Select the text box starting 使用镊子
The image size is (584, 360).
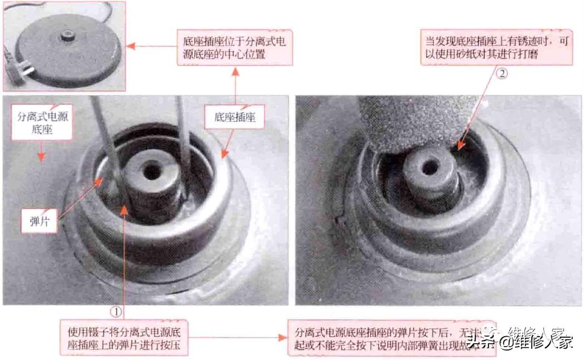point(123,338)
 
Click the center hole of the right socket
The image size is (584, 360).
point(430,166)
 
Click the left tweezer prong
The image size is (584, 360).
point(106,145)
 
